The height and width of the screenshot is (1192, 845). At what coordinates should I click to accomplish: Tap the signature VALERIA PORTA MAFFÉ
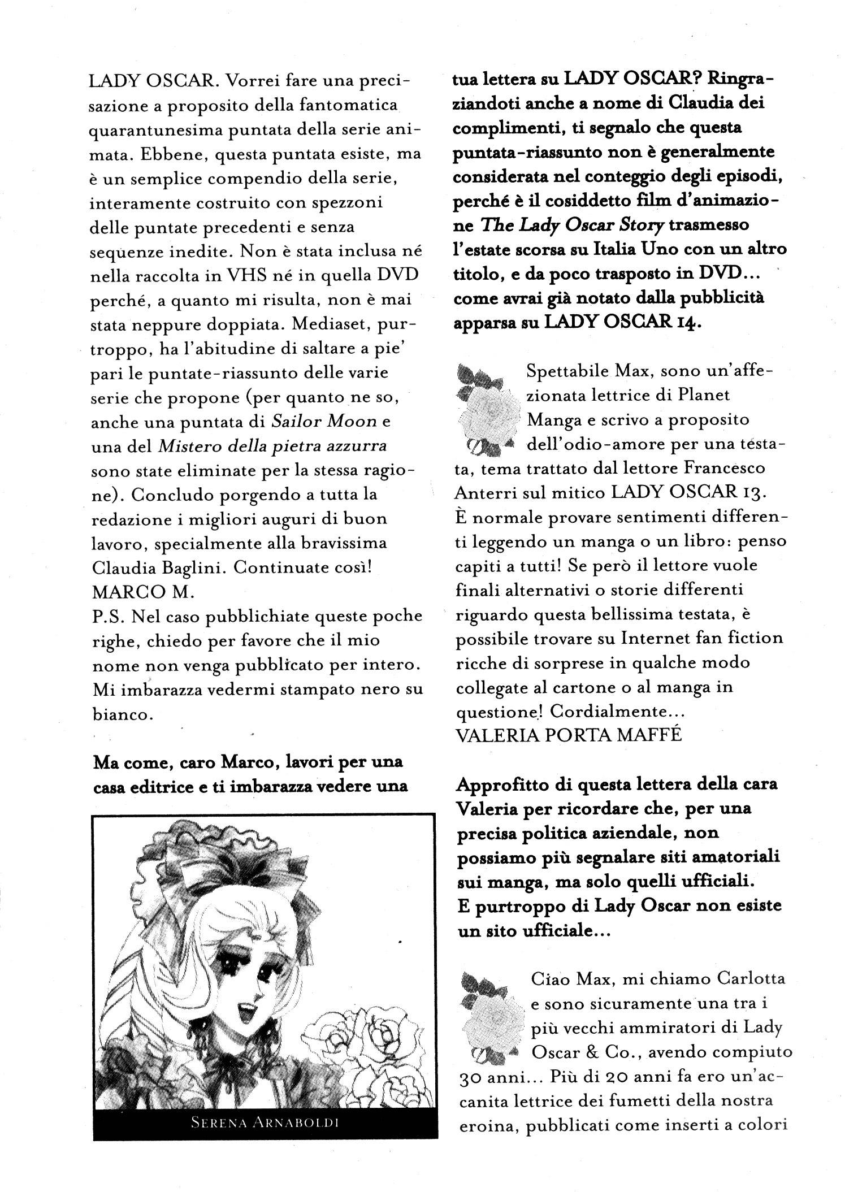pos(568,735)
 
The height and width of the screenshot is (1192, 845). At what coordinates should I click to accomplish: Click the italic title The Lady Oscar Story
pos(571,225)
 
